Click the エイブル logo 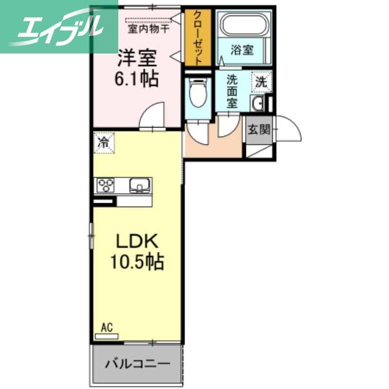pos(58,27)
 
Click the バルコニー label pos(137,363)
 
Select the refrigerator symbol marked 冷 pos(104,142)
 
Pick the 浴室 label pos(242,50)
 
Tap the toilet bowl pos(198,94)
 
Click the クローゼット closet pos(198,38)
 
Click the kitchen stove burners pos(106,185)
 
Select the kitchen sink pos(140,185)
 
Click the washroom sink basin pos(257,103)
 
